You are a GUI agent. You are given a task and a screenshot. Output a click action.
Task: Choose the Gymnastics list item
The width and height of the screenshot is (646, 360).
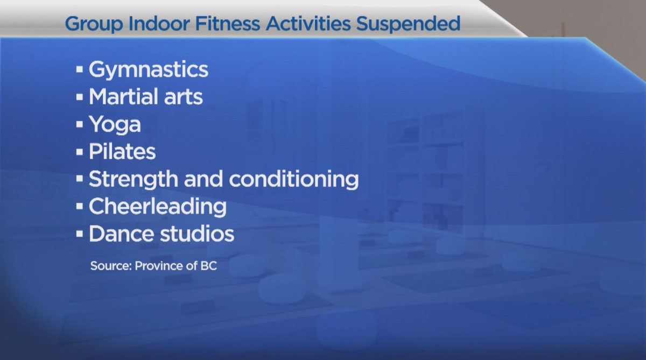[x=148, y=70]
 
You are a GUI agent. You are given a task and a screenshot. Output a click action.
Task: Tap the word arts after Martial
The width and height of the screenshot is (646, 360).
[x=183, y=97]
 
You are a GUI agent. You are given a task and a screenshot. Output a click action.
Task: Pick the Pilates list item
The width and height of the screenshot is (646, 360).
[x=122, y=152]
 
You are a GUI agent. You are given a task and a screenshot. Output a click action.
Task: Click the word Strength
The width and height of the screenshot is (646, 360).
[x=133, y=180]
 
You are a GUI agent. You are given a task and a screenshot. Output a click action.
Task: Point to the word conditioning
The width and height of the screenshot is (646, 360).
[x=294, y=180]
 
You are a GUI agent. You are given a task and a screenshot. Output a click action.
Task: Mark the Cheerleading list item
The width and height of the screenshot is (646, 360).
[x=158, y=207]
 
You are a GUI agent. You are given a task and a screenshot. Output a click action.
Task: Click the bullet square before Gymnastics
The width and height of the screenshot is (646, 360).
[x=80, y=69]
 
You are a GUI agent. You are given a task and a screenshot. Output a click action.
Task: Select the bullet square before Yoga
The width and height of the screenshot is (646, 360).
[x=80, y=124]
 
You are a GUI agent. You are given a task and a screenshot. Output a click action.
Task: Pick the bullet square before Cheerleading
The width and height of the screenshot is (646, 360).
[x=80, y=206]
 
